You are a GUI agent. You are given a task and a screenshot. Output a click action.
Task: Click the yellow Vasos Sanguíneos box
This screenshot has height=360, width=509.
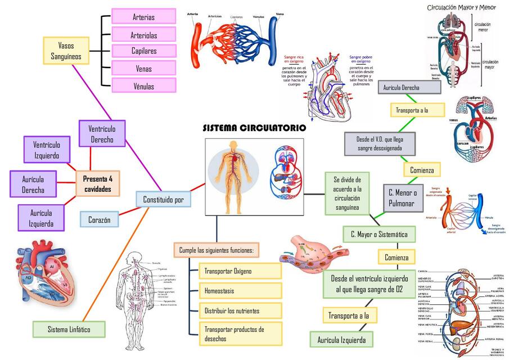(66, 51)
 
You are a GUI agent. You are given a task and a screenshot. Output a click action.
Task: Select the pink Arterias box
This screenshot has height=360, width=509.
(144, 17)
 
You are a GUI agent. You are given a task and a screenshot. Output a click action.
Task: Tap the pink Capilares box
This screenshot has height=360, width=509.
(144, 51)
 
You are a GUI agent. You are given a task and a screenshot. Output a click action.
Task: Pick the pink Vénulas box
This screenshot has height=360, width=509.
(144, 86)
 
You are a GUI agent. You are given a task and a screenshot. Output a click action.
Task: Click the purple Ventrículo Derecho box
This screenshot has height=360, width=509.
(102, 134)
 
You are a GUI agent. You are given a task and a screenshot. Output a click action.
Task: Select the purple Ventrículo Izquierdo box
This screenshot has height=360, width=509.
(47, 150)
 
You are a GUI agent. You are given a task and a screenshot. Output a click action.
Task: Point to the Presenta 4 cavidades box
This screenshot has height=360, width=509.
(98, 184)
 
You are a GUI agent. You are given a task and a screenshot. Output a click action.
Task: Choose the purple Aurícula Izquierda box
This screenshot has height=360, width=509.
(41, 218)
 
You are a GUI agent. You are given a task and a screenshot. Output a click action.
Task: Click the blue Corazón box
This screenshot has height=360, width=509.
(99, 219)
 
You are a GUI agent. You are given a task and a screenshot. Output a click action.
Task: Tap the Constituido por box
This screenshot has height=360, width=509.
(163, 199)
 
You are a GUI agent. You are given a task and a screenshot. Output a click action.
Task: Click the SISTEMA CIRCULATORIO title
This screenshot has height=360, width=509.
(254, 128)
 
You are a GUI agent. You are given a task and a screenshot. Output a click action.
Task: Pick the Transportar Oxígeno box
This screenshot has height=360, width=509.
(240, 271)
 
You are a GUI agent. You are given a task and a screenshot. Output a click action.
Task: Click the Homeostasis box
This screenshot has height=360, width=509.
(240, 291)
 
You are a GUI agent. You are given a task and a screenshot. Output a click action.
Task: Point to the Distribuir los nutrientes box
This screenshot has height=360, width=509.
(240, 310)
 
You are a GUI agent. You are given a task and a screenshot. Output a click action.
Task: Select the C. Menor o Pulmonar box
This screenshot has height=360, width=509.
(402, 197)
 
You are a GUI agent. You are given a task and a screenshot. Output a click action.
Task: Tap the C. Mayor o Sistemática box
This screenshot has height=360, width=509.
(379, 234)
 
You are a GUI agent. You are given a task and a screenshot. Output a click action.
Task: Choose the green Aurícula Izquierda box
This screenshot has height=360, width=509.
(341, 340)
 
